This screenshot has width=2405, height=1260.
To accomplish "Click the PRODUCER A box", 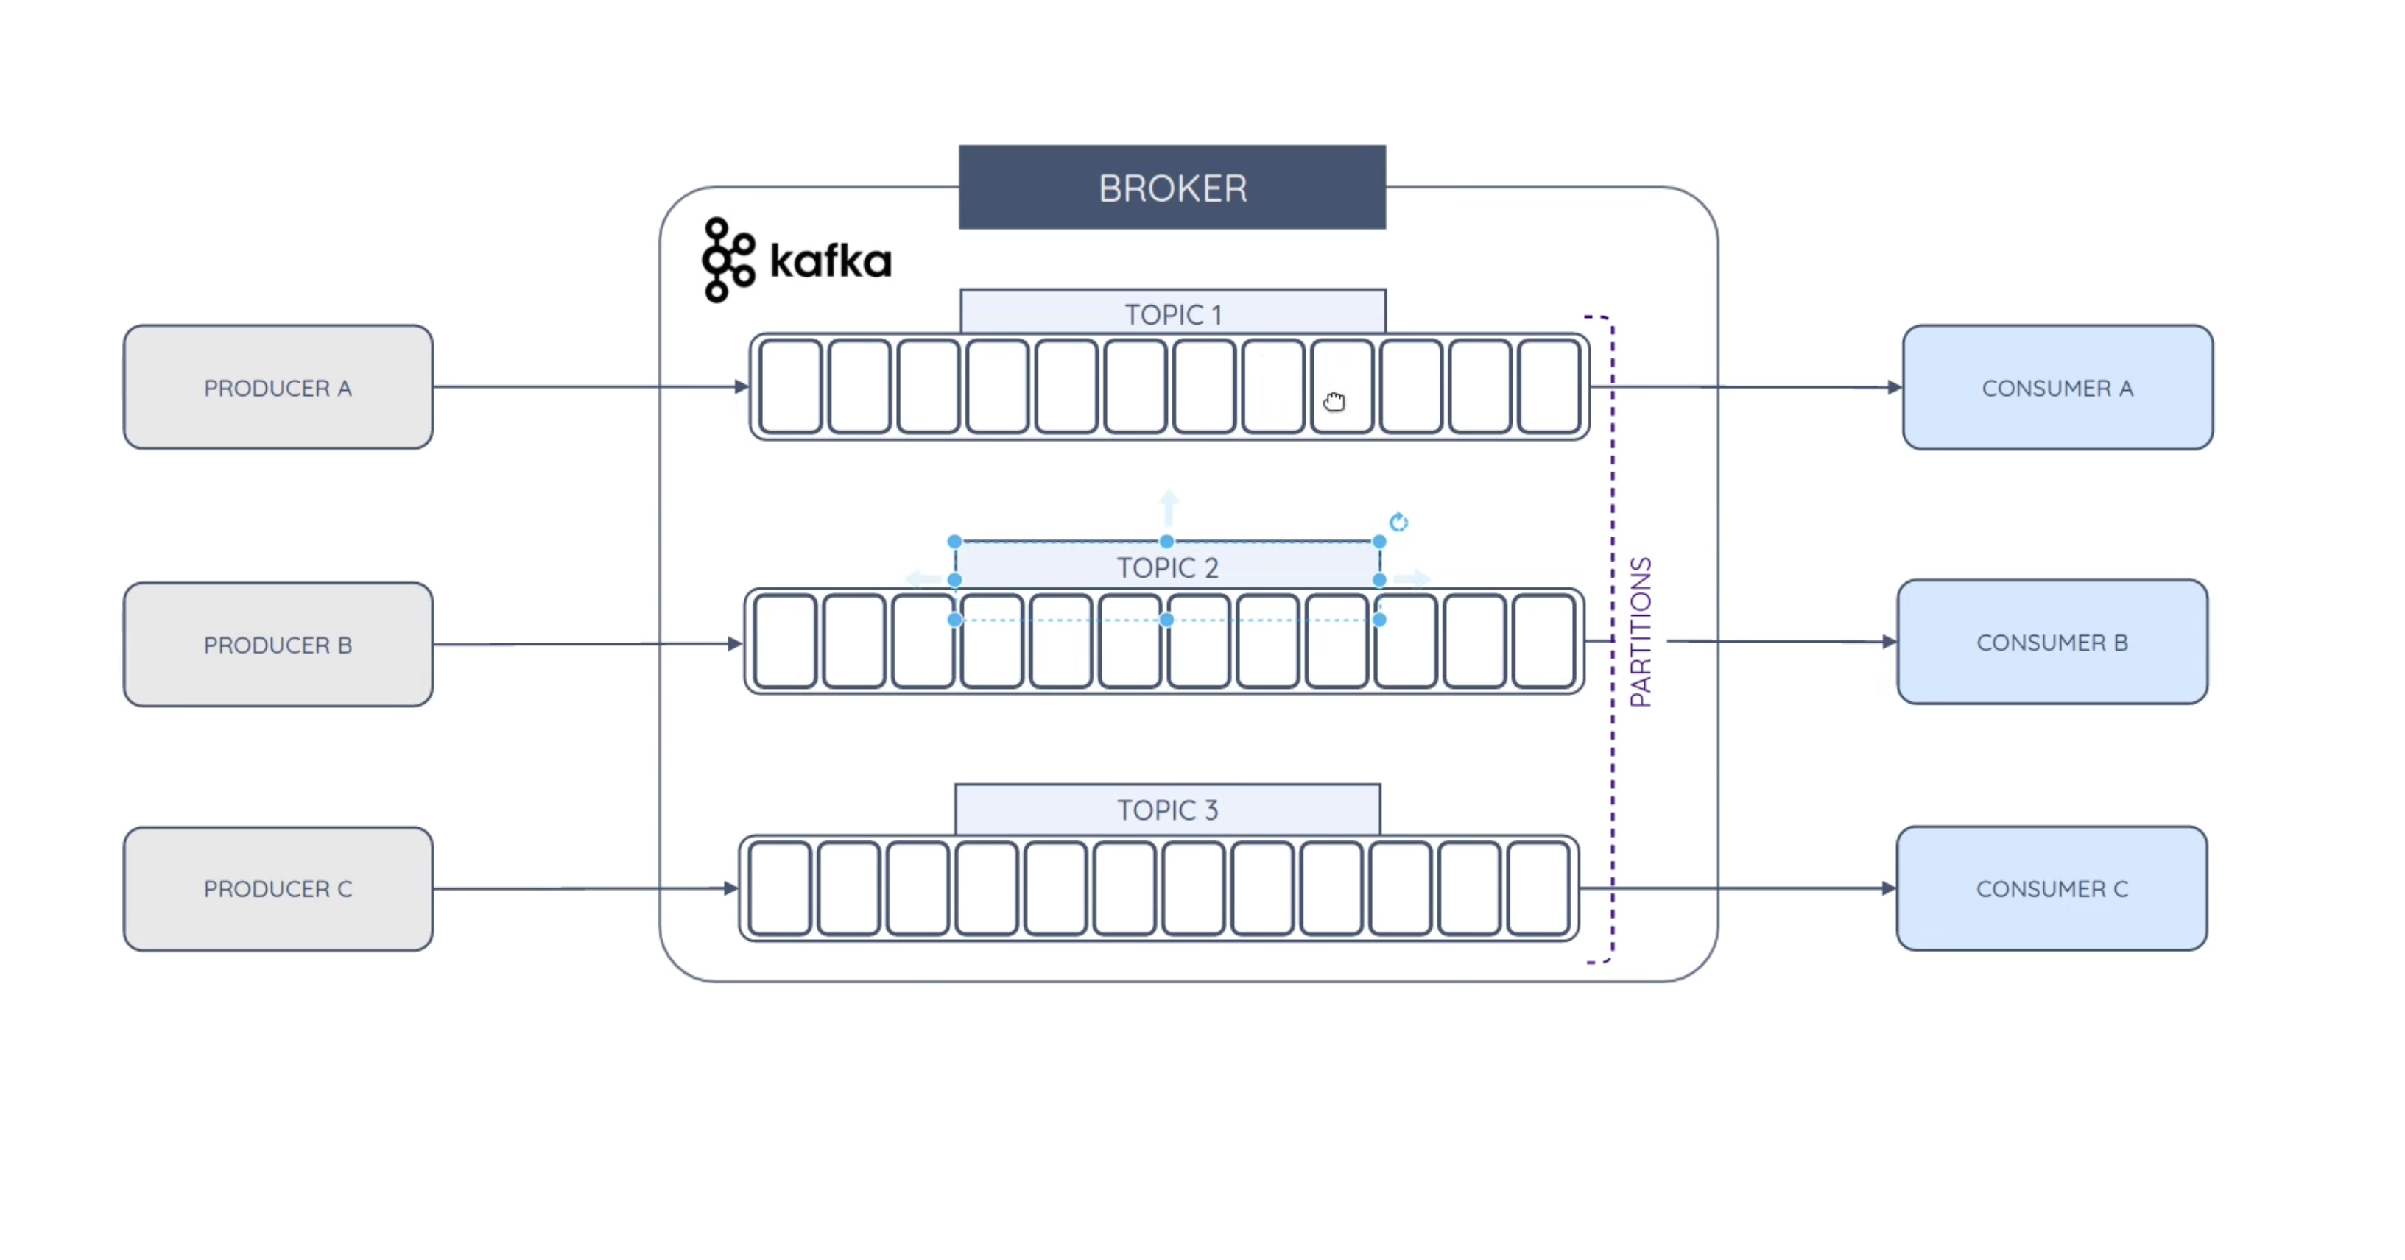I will (278, 387).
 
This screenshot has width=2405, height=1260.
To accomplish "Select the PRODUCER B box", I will (278, 645).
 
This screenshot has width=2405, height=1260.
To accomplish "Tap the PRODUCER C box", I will (278, 888).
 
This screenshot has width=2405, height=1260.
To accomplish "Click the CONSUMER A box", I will (2057, 387).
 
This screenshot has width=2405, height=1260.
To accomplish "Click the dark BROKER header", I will (1172, 188).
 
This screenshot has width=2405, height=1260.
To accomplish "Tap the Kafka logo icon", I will (728, 260).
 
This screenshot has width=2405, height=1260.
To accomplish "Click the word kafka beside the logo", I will (830, 261).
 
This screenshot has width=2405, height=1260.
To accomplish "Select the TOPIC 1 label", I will (1172, 314).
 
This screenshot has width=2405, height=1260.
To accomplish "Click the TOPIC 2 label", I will (1167, 567).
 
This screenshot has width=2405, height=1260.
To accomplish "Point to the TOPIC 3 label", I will (1167, 809).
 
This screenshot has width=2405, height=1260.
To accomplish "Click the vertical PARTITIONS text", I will (1641, 632).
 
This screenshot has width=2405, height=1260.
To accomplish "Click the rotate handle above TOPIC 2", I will (1398, 522).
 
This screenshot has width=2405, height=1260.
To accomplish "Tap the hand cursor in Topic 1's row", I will (1334, 401).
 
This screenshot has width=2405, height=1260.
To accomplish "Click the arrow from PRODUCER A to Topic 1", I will (588, 386).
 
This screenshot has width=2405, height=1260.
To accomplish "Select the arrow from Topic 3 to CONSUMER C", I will (1736, 888).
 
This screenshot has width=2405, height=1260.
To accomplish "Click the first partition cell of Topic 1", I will (790, 386).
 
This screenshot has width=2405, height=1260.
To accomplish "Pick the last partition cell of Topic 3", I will (1538, 888).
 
